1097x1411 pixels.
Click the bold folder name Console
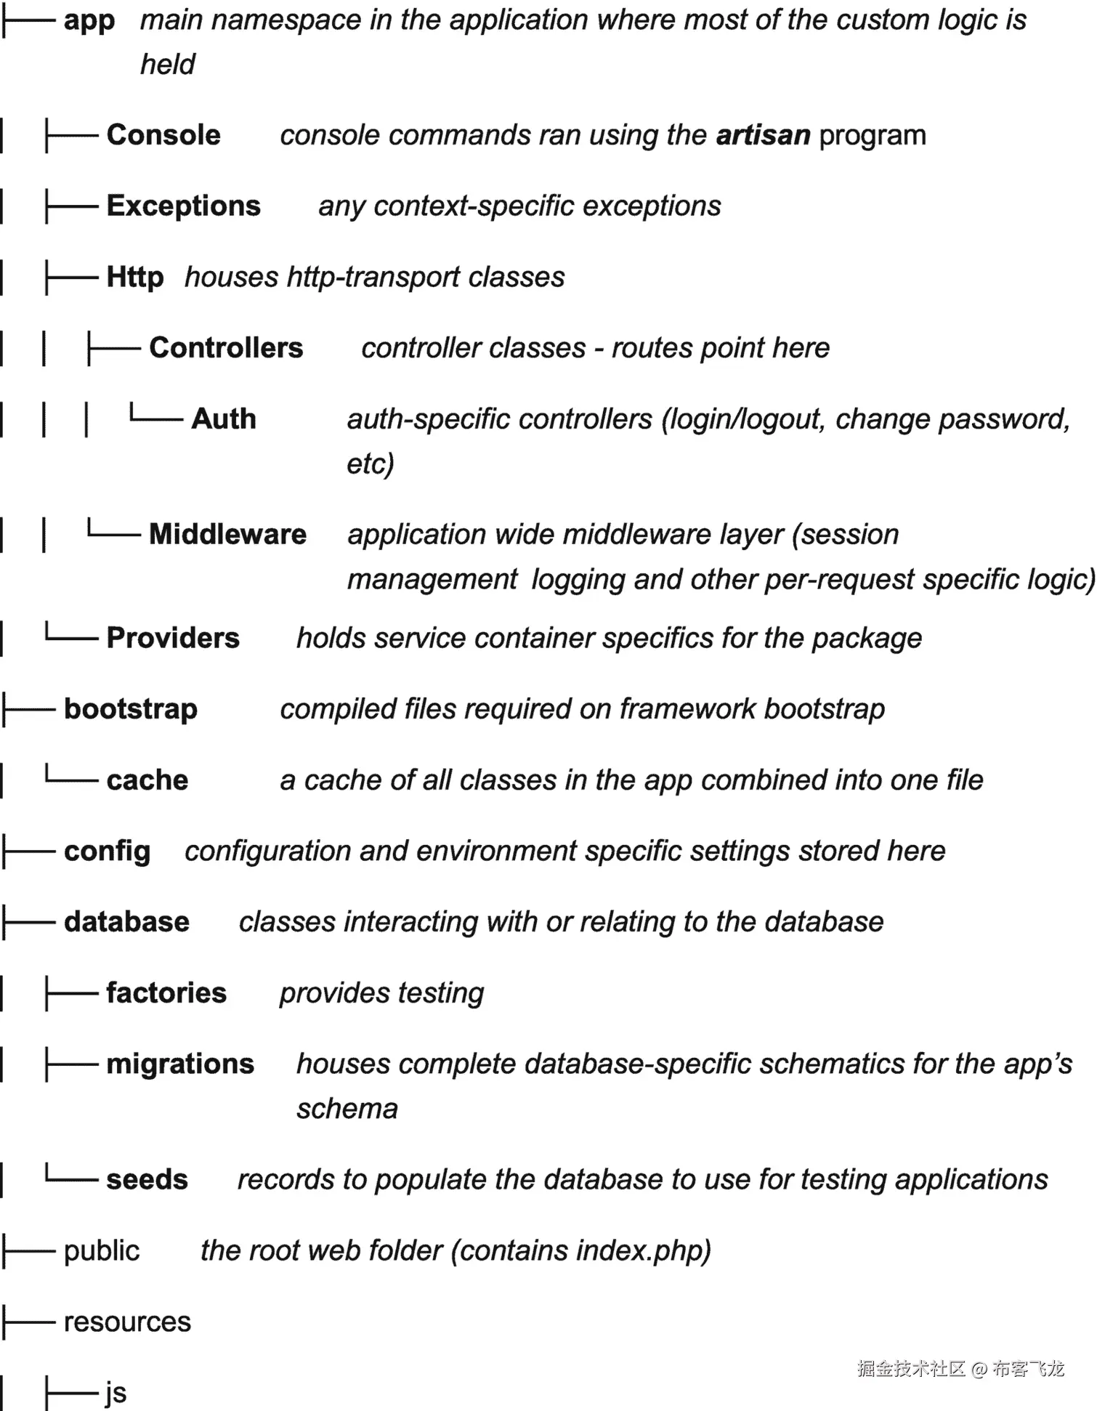[x=163, y=135]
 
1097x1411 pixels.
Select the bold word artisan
[x=763, y=135]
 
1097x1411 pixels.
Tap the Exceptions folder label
[x=183, y=206]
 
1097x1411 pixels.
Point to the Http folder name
[x=135, y=277]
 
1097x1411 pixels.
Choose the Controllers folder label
[x=226, y=348]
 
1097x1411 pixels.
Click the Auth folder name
[x=224, y=419]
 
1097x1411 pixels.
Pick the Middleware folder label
[x=227, y=535]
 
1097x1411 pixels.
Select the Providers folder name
[x=173, y=638]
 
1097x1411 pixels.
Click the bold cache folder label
[x=147, y=780]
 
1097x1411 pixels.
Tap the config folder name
[x=107, y=851]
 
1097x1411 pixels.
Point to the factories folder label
[x=166, y=993]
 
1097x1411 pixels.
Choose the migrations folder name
[x=180, y=1064]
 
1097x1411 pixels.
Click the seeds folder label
[x=147, y=1180]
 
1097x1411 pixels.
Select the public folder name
[x=102, y=1251]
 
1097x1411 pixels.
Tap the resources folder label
[x=127, y=1322]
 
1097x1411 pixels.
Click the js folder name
[x=116, y=1393]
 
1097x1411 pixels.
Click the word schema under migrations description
[x=347, y=1109]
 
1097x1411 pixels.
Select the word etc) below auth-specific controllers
[x=371, y=464]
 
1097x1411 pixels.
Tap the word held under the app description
[x=168, y=65]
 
